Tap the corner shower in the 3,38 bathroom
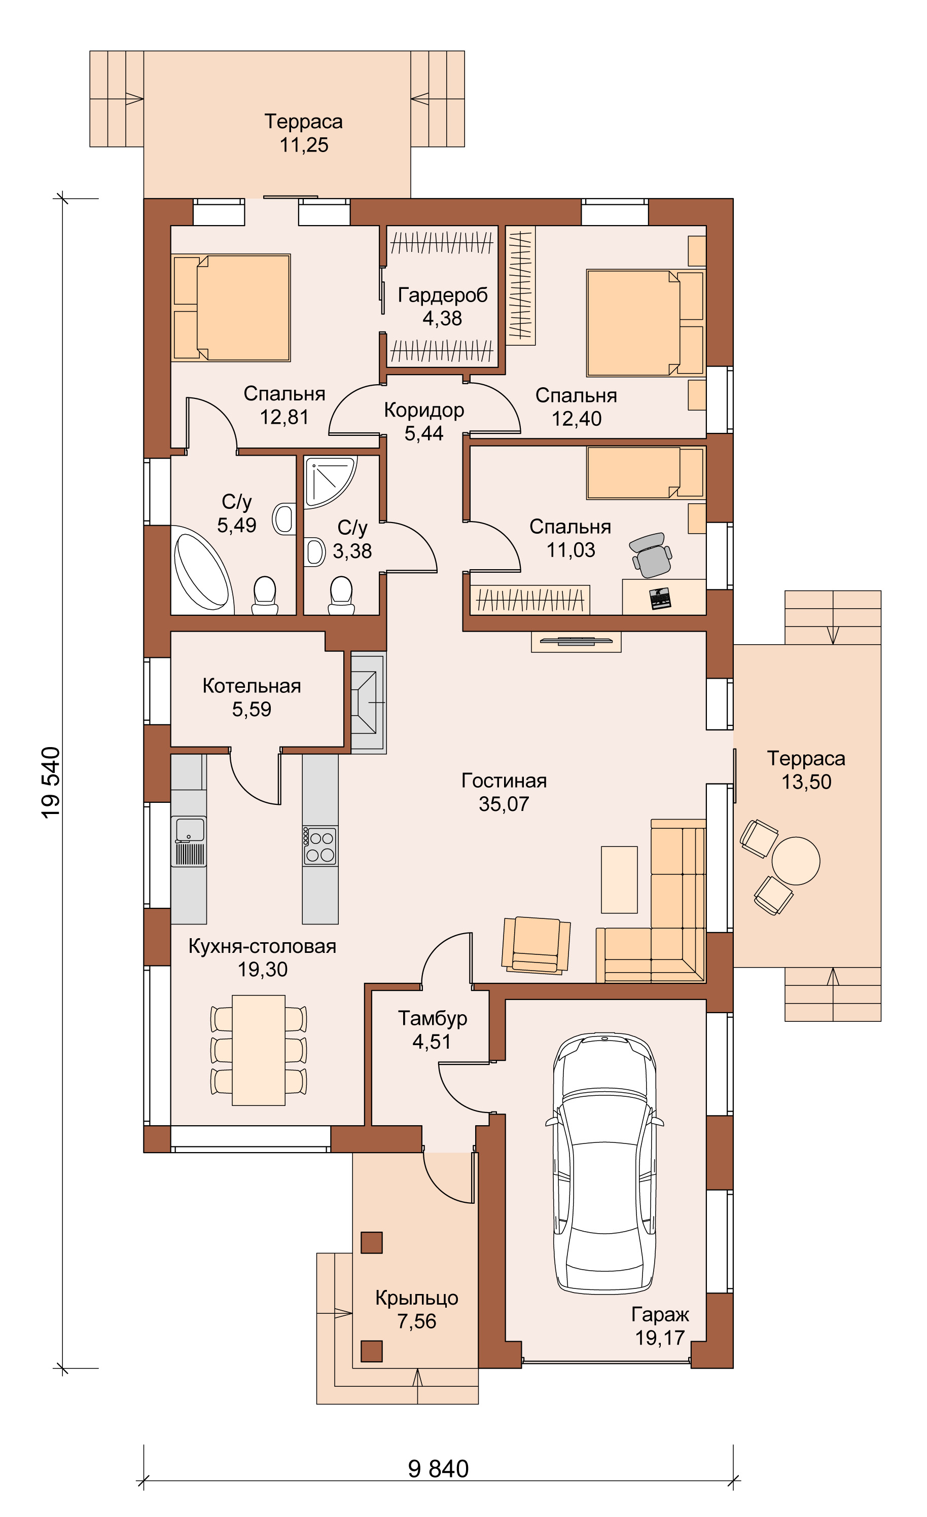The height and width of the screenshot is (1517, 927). (330, 482)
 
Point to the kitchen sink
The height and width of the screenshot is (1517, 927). (189, 840)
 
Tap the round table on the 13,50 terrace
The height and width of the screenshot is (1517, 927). (796, 861)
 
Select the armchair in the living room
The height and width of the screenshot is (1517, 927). (537, 945)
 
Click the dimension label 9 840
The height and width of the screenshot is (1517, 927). (439, 1468)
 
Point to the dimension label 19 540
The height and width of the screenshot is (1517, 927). (51, 783)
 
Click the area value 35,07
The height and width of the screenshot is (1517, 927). (504, 803)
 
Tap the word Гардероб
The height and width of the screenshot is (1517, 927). (442, 295)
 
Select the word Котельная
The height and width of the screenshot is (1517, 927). (252, 686)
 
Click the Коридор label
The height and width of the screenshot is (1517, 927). (424, 410)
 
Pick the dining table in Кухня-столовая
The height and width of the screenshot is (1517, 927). (259, 1050)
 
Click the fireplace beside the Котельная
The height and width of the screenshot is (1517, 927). (368, 702)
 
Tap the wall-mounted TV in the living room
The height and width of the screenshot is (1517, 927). (576, 641)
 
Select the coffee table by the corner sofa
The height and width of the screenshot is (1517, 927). (619, 879)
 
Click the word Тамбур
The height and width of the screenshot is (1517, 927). (433, 1018)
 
